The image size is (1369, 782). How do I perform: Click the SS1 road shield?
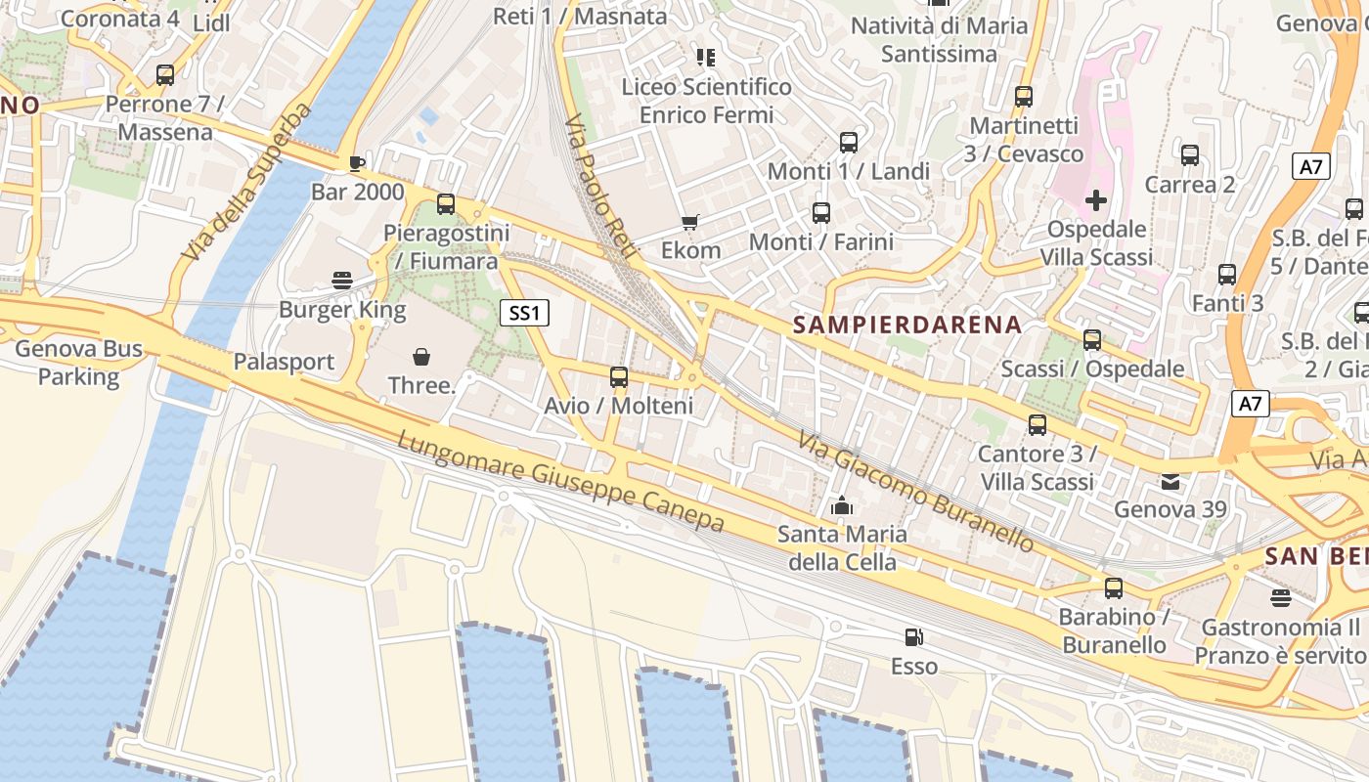(x=525, y=313)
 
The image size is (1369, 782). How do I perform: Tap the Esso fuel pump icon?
(x=913, y=637)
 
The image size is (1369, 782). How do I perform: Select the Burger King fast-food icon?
(x=342, y=281)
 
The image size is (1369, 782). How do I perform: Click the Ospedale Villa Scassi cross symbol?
(x=1096, y=200)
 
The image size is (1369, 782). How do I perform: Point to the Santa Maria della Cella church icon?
(x=841, y=505)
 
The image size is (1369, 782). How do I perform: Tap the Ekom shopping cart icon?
(x=690, y=222)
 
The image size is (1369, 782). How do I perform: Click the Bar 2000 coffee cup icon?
(x=357, y=162)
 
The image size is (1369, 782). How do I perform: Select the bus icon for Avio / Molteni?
(x=619, y=376)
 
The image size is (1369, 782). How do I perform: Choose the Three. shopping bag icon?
(x=421, y=357)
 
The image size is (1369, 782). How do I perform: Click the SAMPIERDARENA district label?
(x=907, y=325)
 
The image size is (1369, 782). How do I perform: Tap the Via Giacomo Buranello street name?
(x=915, y=491)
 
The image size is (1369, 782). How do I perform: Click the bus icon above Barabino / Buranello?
(x=1114, y=587)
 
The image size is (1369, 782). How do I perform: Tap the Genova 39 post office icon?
(x=1170, y=481)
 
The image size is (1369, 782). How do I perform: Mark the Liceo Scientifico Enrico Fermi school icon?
(x=705, y=58)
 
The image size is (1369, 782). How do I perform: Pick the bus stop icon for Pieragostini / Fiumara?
(x=446, y=203)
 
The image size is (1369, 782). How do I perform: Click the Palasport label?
(x=284, y=362)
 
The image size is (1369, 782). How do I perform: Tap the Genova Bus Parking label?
(x=78, y=363)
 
